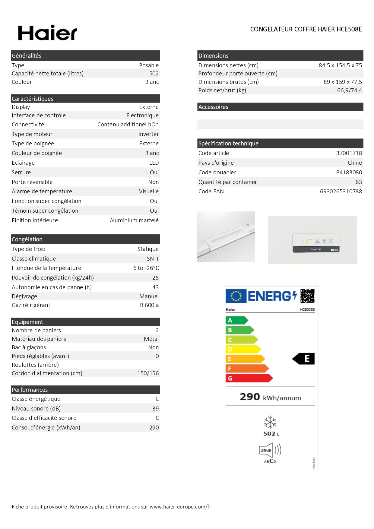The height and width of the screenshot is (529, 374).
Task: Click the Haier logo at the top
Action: tap(48, 33)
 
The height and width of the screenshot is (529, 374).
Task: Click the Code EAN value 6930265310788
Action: tap(341, 192)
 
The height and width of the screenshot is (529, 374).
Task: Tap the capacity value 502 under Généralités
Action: tap(154, 74)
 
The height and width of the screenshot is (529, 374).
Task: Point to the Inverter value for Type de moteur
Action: tap(148, 134)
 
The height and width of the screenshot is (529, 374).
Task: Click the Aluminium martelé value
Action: tap(134, 220)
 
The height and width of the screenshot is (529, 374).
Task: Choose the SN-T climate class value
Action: tap(153, 259)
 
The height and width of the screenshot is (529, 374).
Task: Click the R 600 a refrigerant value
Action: tap(149, 305)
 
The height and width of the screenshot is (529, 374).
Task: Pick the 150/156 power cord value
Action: tap(148, 373)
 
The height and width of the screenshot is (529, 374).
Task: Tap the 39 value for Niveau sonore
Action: tap(155, 409)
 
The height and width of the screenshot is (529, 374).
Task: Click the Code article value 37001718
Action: tap(349, 153)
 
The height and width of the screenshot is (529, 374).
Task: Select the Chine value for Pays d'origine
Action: tap(355, 163)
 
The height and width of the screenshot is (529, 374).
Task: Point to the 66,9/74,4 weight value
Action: tap(349, 90)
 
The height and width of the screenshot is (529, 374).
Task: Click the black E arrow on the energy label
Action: tap(304, 359)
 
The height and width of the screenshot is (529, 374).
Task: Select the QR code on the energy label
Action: tap(307, 296)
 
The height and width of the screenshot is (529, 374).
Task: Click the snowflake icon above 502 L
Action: tap(270, 422)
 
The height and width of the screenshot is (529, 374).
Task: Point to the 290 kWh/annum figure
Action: tap(270, 397)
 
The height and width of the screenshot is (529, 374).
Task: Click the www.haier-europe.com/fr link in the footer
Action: tap(180, 507)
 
